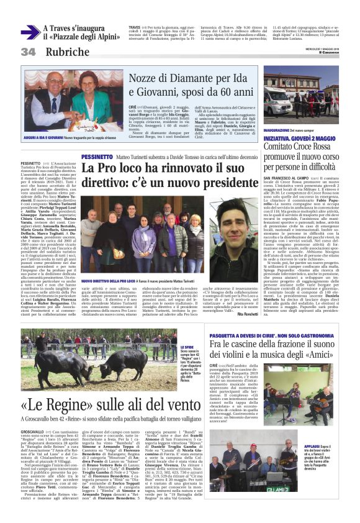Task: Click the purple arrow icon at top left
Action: pyautogui.click(x=30, y=32)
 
